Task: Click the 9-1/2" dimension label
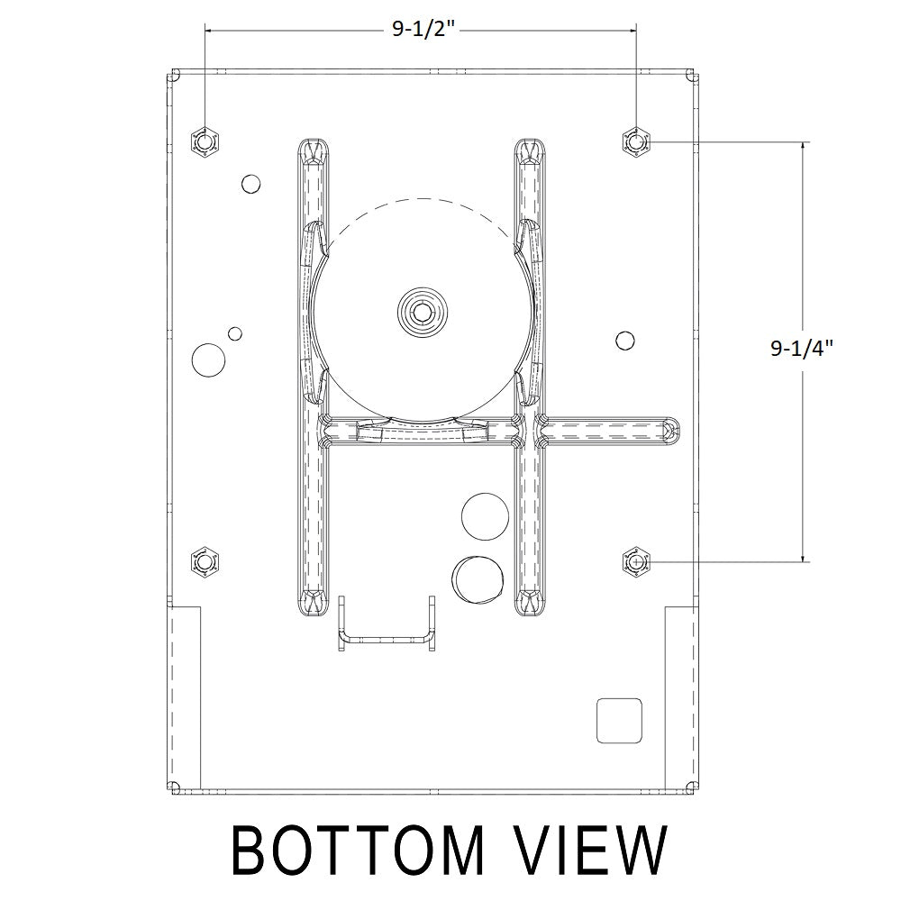[423, 29]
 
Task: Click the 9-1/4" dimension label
[802, 348]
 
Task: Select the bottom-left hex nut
[205, 561]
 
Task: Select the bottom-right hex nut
[636, 561]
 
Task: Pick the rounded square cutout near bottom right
[619, 721]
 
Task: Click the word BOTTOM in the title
[358, 851]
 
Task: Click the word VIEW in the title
[590, 851]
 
